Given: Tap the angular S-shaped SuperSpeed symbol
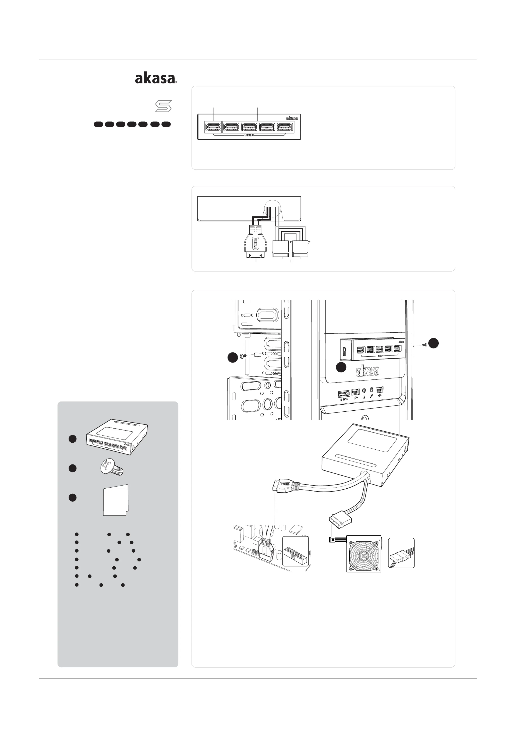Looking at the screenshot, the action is (x=163, y=106).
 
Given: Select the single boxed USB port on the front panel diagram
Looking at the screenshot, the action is (x=213, y=128).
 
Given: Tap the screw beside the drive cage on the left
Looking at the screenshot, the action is (x=243, y=356).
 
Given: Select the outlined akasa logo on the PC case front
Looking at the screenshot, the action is (x=367, y=371).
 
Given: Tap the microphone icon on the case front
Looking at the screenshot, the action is (x=371, y=396).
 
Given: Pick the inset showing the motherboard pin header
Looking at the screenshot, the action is (x=295, y=551).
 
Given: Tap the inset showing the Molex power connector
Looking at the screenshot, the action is (x=401, y=553).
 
